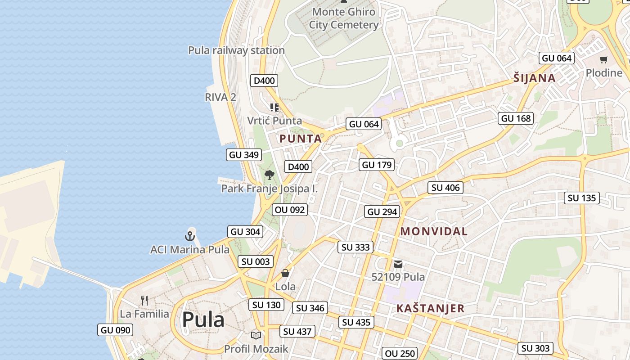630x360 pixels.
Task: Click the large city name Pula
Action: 203,320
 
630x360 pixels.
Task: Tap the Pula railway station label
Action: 236,50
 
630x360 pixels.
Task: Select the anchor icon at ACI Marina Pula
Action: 190,236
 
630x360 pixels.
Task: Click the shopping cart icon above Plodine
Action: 603,60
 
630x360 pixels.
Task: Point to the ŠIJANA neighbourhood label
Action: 535,78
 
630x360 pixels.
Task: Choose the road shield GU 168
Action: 516,118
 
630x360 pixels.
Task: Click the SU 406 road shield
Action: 445,188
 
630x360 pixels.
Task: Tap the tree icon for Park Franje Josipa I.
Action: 270,175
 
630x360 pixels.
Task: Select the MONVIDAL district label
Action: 434,231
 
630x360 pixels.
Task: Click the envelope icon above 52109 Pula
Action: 398,264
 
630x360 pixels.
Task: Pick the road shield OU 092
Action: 290,210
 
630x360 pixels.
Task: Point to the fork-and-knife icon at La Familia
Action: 144,300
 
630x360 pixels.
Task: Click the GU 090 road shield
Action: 116,330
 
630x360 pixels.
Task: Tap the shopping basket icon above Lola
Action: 285,273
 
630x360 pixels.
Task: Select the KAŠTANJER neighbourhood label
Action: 430,308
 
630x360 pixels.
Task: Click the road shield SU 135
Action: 582,198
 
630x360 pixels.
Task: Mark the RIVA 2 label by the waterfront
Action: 220,97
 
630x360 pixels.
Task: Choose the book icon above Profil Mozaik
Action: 256,335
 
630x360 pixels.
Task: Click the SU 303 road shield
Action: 535,348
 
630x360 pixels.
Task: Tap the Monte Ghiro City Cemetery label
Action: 344,18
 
